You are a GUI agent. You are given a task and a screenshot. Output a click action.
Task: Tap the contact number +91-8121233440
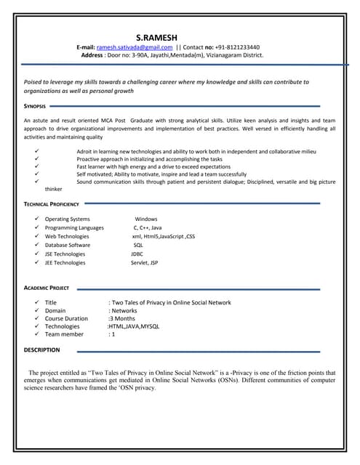tap(236, 46)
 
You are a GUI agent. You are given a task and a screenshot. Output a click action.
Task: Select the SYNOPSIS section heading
tap(35, 106)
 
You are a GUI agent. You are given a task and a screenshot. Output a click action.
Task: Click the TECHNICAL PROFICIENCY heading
tap(51, 204)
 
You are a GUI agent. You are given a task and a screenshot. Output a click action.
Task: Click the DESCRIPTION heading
tap(42, 349)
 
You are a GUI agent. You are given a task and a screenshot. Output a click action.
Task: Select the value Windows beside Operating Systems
tap(145, 219)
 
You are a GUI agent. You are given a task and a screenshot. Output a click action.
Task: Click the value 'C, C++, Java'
tap(148, 227)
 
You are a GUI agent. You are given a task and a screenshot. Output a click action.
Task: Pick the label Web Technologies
tap(67, 236)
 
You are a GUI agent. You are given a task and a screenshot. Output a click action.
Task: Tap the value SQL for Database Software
tap(138, 246)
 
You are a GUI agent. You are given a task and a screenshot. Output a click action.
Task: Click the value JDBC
tap(137, 254)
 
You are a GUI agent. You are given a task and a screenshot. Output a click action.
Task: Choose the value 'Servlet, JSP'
tap(144, 263)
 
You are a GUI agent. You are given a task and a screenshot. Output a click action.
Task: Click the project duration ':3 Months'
tap(121, 318)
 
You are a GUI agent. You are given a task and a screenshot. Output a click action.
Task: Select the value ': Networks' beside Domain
tap(123, 310)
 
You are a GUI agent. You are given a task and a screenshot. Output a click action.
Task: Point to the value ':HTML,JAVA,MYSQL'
tap(133, 326)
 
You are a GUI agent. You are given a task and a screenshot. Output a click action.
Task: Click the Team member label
tap(64, 334)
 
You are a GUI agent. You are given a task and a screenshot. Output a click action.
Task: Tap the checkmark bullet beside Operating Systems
tap(36, 219)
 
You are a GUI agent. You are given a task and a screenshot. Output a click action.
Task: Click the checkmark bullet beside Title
tap(36, 302)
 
